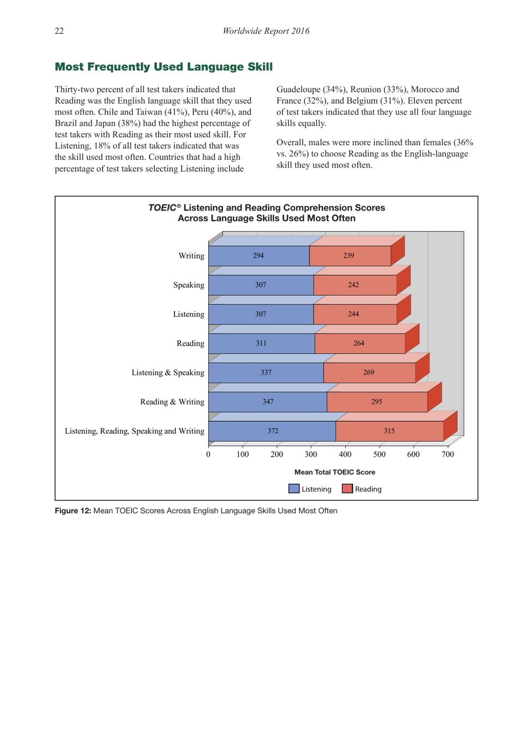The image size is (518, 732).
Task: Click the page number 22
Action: [59, 31]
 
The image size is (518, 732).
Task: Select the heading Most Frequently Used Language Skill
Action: [164, 67]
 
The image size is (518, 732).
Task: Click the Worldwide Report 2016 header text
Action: [266, 31]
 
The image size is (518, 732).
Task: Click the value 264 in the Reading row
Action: [358, 343]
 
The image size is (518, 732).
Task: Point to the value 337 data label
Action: [266, 373]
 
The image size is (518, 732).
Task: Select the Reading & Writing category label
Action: [172, 402]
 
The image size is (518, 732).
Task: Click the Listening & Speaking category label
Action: [167, 373]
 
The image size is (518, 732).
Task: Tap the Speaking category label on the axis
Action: [188, 285]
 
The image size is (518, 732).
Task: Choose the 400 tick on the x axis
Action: [345, 454]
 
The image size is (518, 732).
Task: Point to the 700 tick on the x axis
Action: [447, 454]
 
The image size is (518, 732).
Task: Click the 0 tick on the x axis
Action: [208, 454]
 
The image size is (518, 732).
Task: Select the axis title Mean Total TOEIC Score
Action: [334, 472]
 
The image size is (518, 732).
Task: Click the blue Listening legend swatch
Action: [294, 489]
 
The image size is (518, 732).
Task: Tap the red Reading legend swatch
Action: [347, 489]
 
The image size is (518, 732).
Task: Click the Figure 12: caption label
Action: [73, 511]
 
